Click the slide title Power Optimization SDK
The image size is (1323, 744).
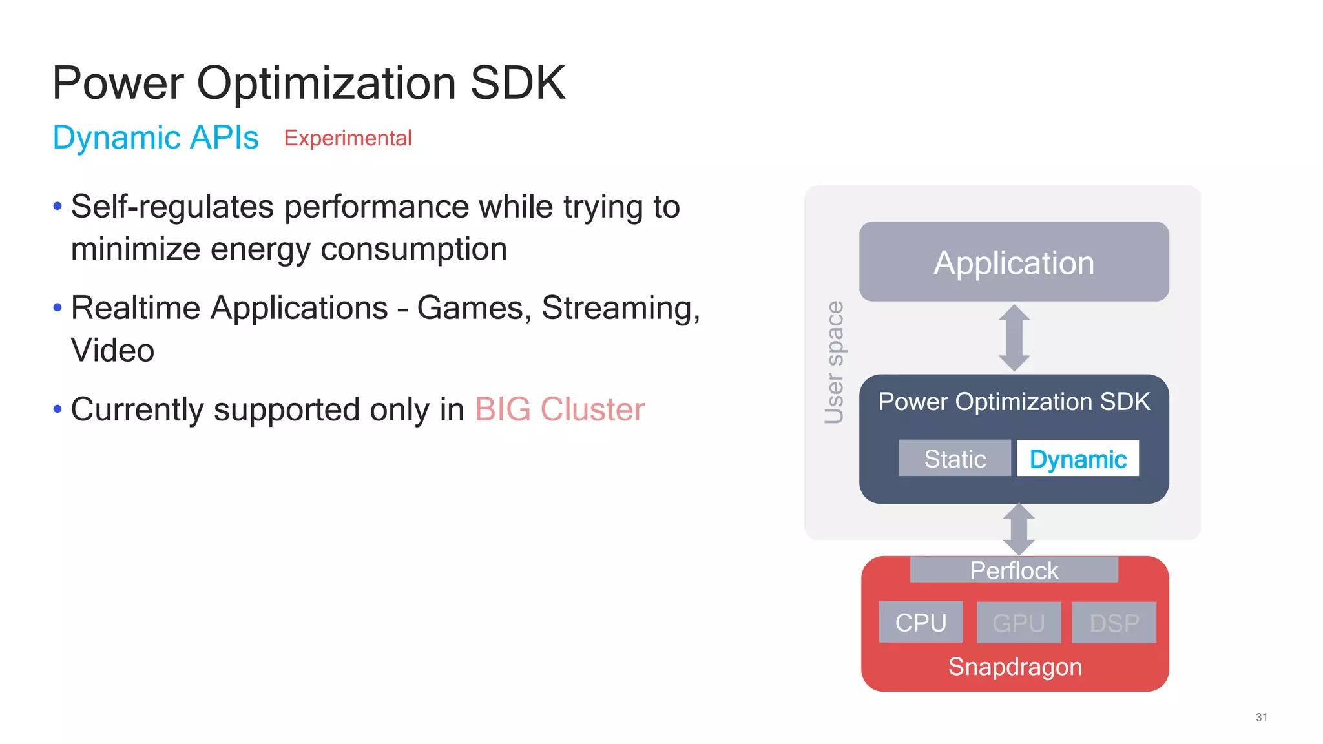point(309,83)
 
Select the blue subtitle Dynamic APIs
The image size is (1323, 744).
point(156,138)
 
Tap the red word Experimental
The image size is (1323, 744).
point(348,138)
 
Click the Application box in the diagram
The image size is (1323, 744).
point(1014,262)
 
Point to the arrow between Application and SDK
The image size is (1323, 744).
point(1014,338)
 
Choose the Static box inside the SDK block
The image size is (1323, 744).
point(955,459)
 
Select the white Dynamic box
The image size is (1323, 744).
point(1078,459)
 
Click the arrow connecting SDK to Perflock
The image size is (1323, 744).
point(1019,529)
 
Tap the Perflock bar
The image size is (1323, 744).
point(1014,570)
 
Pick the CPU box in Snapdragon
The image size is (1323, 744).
point(921,623)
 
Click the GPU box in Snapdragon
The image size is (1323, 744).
point(1018,623)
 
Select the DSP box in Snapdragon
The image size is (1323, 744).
point(1114,623)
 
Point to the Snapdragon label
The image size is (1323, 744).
point(1015,666)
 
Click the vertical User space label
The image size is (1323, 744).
point(834,362)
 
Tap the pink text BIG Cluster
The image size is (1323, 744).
point(559,409)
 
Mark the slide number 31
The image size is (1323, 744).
point(1261,718)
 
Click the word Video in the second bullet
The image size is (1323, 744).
point(112,351)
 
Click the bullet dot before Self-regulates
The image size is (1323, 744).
point(57,207)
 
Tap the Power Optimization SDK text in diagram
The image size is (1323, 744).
point(1014,402)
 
